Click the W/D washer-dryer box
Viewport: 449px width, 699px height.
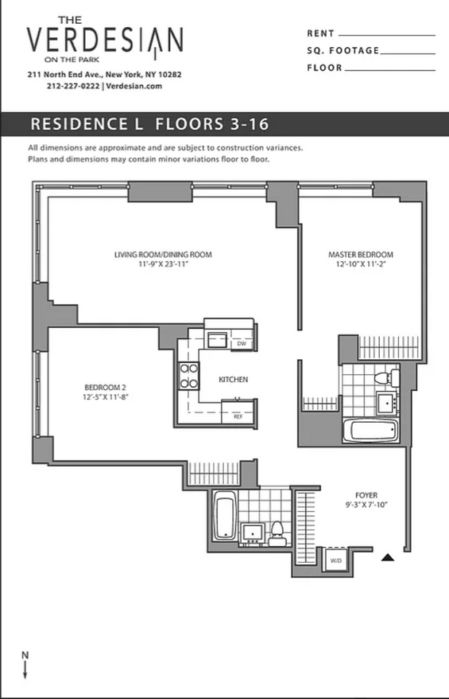(336, 560)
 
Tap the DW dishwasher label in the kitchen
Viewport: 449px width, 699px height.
(242, 344)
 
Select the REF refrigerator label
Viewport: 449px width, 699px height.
(238, 417)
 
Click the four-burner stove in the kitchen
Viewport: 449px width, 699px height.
(188, 375)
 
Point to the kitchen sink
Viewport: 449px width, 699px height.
(217, 340)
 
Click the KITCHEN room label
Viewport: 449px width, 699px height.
(233, 380)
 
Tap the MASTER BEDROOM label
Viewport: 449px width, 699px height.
(361, 255)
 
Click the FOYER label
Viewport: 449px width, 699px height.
(366, 495)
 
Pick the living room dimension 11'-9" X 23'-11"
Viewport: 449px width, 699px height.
(163, 264)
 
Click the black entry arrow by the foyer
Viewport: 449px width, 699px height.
(388, 557)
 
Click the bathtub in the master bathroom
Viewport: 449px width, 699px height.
(370, 430)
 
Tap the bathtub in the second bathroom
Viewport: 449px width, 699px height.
(224, 515)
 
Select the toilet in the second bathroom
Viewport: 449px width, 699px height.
(277, 534)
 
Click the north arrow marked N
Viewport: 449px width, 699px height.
(25, 665)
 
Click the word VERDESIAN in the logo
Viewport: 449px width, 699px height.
(105, 40)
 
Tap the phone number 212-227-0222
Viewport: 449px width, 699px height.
(73, 86)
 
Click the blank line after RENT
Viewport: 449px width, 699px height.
(387, 35)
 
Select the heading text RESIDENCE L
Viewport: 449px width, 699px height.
(87, 124)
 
